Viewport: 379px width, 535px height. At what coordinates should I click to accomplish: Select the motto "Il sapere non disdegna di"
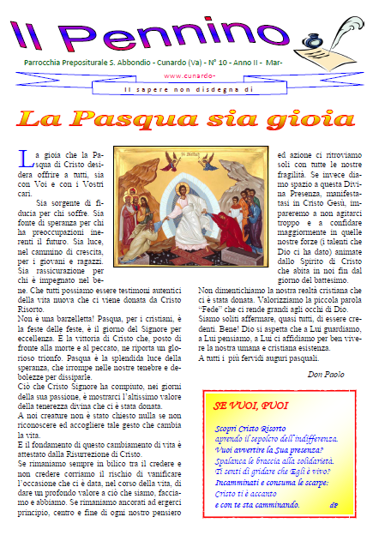pyautogui.click(x=189, y=88)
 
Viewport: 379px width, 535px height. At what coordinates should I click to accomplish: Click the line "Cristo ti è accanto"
pyautogui.click(x=247, y=494)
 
